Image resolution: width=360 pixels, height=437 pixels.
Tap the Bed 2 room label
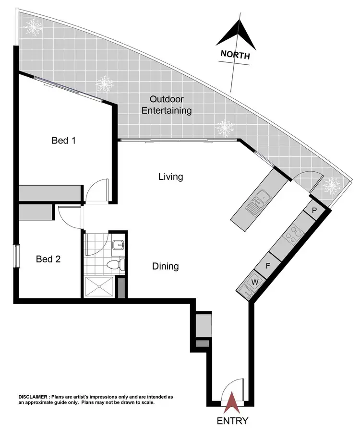point(48,259)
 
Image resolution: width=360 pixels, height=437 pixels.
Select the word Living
point(171,177)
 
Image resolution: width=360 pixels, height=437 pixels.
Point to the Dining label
point(165,266)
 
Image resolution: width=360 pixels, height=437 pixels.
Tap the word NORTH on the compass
point(235,55)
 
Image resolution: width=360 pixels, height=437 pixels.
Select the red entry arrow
point(232,402)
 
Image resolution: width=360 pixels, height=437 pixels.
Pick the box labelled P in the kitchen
point(314,210)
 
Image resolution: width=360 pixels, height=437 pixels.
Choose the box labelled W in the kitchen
point(255,282)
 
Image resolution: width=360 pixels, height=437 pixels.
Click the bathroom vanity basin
point(118,245)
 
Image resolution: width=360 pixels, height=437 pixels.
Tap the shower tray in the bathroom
point(100,286)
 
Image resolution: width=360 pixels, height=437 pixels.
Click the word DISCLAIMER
point(33,397)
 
